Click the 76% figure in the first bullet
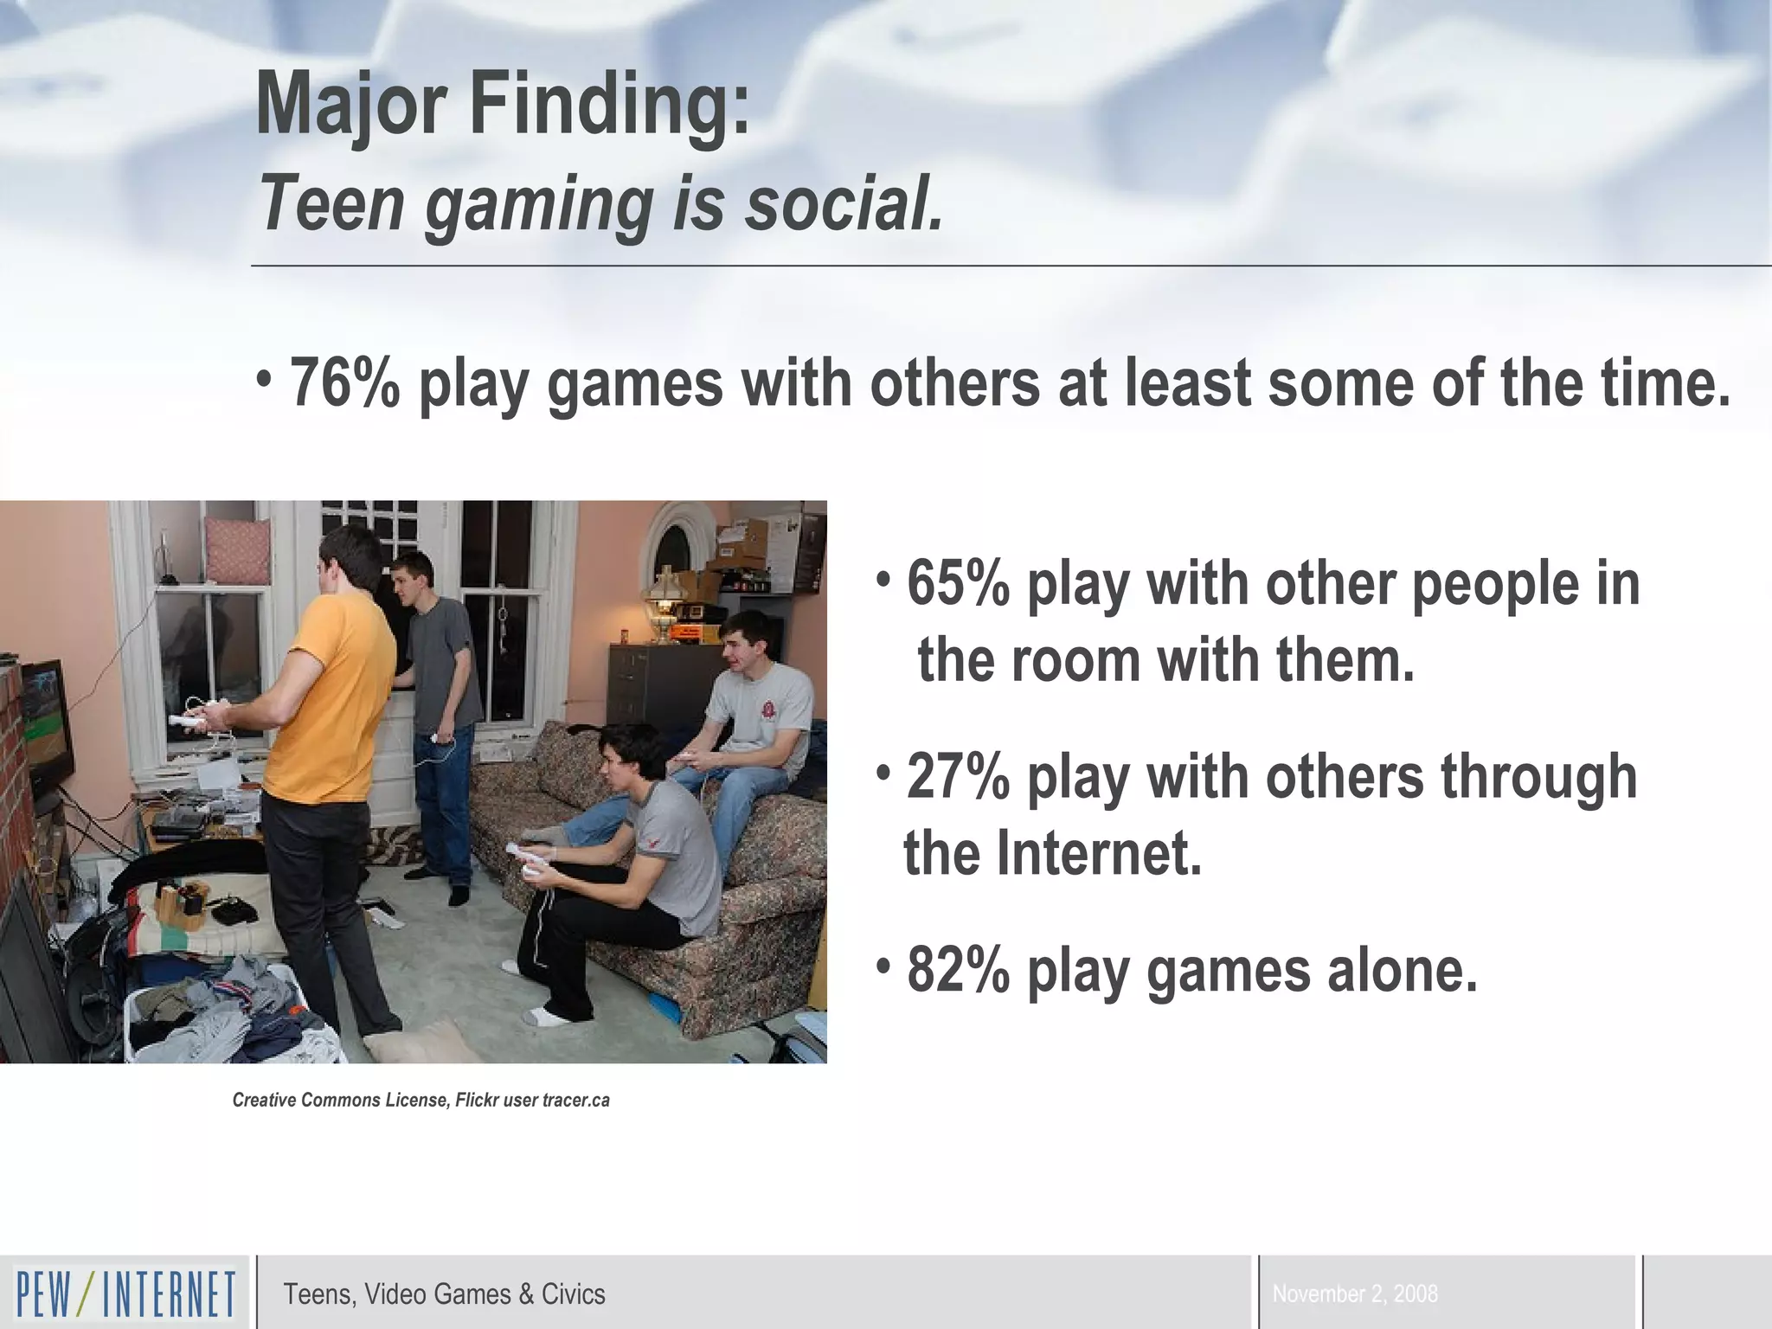(344, 383)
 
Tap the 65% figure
(958, 585)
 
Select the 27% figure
(958, 777)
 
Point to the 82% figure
(958, 971)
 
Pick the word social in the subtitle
(844, 204)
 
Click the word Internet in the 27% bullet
(1099, 853)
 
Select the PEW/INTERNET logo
(125, 1294)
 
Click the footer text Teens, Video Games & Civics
(444, 1294)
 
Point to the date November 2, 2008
(1355, 1294)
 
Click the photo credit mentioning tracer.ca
(421, 1101)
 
